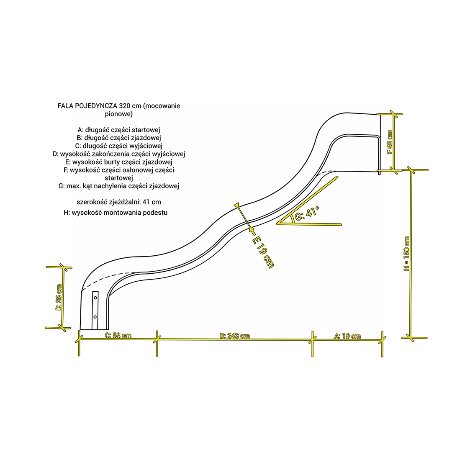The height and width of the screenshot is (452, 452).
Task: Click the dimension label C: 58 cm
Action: (118, 336)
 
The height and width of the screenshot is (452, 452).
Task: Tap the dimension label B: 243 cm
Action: (235, 336)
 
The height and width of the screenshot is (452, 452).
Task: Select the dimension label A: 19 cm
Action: (347, 336)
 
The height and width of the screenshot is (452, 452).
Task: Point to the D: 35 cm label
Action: (59, 297)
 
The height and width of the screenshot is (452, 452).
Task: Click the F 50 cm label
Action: (390, 142)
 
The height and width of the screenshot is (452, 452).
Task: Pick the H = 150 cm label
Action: (406, 254)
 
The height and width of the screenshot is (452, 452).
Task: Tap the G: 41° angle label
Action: (307, 213)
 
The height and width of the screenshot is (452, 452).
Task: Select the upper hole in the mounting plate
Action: (95, 298)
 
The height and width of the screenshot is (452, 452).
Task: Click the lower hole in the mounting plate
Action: (95, 317)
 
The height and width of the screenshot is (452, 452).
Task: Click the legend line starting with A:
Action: (119, 130)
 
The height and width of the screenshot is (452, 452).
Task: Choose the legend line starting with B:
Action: (119, 138)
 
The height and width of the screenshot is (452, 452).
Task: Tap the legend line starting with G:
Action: (119, 186)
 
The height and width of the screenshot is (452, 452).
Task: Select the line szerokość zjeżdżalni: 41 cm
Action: (119, 202)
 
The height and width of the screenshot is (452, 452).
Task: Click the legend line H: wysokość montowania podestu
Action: (116, 213)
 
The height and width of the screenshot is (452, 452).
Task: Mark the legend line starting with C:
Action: (119, 146)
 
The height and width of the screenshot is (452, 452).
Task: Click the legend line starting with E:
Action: (119, 162)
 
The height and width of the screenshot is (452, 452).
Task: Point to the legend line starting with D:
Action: (119, 154)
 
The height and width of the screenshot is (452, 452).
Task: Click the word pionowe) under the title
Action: (119, 114)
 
